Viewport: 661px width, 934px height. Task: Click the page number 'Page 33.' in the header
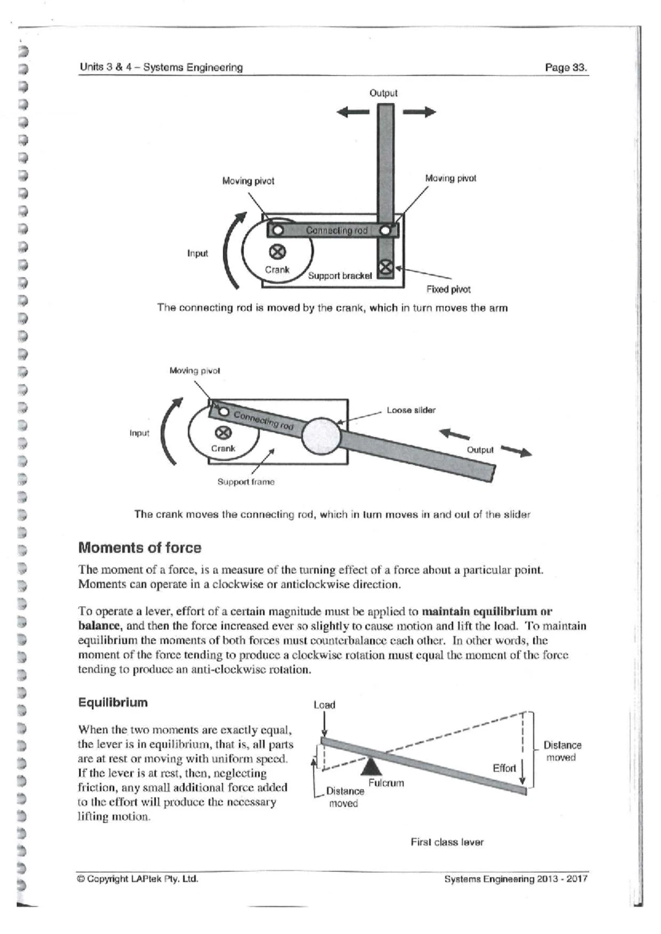click(566, 68)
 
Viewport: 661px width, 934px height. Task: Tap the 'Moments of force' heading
click(140, 548)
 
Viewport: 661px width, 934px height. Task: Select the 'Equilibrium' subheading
click(113, 703)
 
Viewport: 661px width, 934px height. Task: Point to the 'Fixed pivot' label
click(448, 289)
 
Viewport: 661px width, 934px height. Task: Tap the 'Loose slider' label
click(411, 410)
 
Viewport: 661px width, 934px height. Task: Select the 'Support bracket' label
click(340, 275)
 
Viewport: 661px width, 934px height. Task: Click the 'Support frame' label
click(246, 482)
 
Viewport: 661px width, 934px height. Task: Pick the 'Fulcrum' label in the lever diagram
click(386, 783)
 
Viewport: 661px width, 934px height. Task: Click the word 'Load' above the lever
click(324, 705)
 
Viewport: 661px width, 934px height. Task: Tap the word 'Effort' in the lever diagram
click(504, 768)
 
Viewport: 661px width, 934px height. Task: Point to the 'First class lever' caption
click(447, 842)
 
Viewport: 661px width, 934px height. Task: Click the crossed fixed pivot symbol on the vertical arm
click(386, 268)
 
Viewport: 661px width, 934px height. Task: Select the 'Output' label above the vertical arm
click(383, 93)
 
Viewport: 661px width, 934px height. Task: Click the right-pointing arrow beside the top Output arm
click(419, 112)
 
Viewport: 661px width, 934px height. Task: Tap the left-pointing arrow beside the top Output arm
click(353, 112)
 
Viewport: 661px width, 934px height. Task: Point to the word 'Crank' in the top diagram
click(277, 269)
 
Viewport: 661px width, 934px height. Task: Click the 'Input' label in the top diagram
click(198, 253)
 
